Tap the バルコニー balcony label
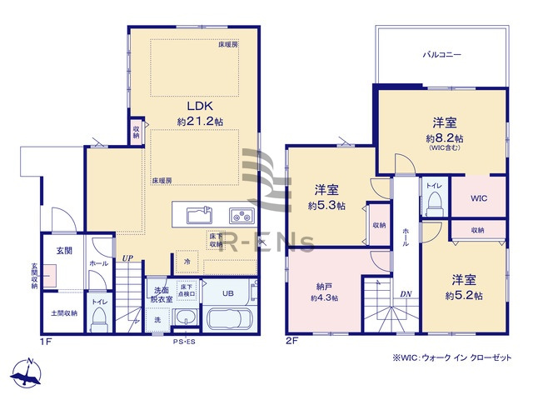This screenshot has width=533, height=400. pos(441,54)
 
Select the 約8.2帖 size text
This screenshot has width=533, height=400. pos(445,137)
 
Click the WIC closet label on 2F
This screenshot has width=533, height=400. pos(478,197)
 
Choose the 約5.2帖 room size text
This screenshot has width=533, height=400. pos(463,295)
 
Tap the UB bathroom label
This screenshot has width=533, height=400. pos(227,292)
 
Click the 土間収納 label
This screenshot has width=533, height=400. pos(64,313)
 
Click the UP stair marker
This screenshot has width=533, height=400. pos(127,258)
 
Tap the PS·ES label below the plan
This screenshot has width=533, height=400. pos(185,341)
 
